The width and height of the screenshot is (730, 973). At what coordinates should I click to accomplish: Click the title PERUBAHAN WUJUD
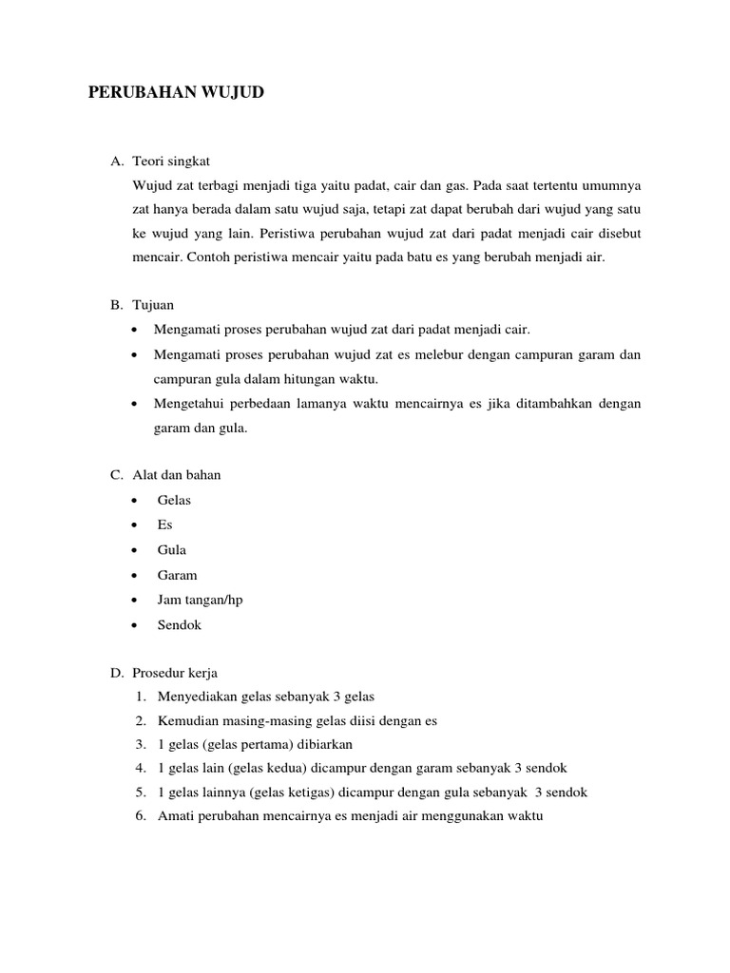pyautogui.click(x=176, y=93)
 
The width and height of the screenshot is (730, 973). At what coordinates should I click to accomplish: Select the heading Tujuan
pyautogui.click(x=154, y=305)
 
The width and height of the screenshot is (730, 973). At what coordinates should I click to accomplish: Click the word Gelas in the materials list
pyautogui.click(x=174, y=500)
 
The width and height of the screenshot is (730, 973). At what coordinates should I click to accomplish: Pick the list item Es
pyautogui.click(x=165, y=525)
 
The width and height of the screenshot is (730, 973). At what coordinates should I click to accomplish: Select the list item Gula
pyautogui.click(x=172, y=550)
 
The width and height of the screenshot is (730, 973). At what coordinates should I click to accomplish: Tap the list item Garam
pyautogui.click(x=178, y=575)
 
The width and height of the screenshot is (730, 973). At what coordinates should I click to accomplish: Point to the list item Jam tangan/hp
pyautogui.click(x=201, y=600)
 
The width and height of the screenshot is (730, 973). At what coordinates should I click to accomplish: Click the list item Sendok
pyautogui.click(x=180, y=625)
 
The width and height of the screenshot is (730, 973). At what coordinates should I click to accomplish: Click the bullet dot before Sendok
pyautogui.click(x=138, y=626)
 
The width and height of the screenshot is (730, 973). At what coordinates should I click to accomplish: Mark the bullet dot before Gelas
pyautogui.click(x=138, y=501)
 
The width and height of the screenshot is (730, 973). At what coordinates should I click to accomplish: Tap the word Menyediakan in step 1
pyautogui.click(x=198, y=696)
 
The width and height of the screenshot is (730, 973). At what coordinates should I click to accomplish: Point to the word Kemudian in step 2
pyautogui.click(x=188, y=720)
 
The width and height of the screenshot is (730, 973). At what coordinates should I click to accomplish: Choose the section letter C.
pyautogui.click(x=116, y=475)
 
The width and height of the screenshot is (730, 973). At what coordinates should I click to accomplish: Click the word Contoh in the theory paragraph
pyautogui.click(x=208, y=257)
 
